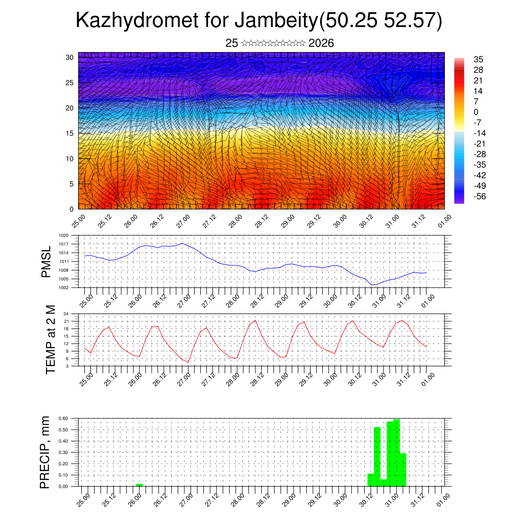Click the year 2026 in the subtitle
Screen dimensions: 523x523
[321, 43]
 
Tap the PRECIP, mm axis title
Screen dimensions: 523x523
[46, 453]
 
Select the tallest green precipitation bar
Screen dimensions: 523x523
[396, 453]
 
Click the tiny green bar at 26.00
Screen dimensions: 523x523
[139, 484]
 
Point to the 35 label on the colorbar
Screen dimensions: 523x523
[478, 59]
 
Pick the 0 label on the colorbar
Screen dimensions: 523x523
[476, 112]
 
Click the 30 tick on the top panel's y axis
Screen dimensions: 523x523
[69, 57]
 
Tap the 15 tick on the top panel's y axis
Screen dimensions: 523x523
[69, 133]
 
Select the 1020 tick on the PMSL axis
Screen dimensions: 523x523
[64, 235]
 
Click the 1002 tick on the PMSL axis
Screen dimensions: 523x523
[64, 288]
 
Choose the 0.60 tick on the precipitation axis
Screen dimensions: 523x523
[63, 418]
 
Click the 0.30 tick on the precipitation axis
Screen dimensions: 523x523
[63, 453]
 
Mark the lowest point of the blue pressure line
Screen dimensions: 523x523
[372, 285]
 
